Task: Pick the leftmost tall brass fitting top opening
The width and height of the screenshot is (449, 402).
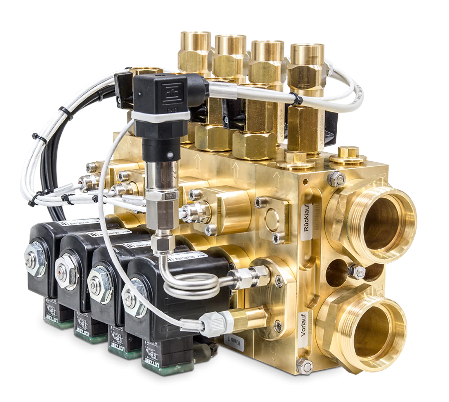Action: click(x=193, y=35)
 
